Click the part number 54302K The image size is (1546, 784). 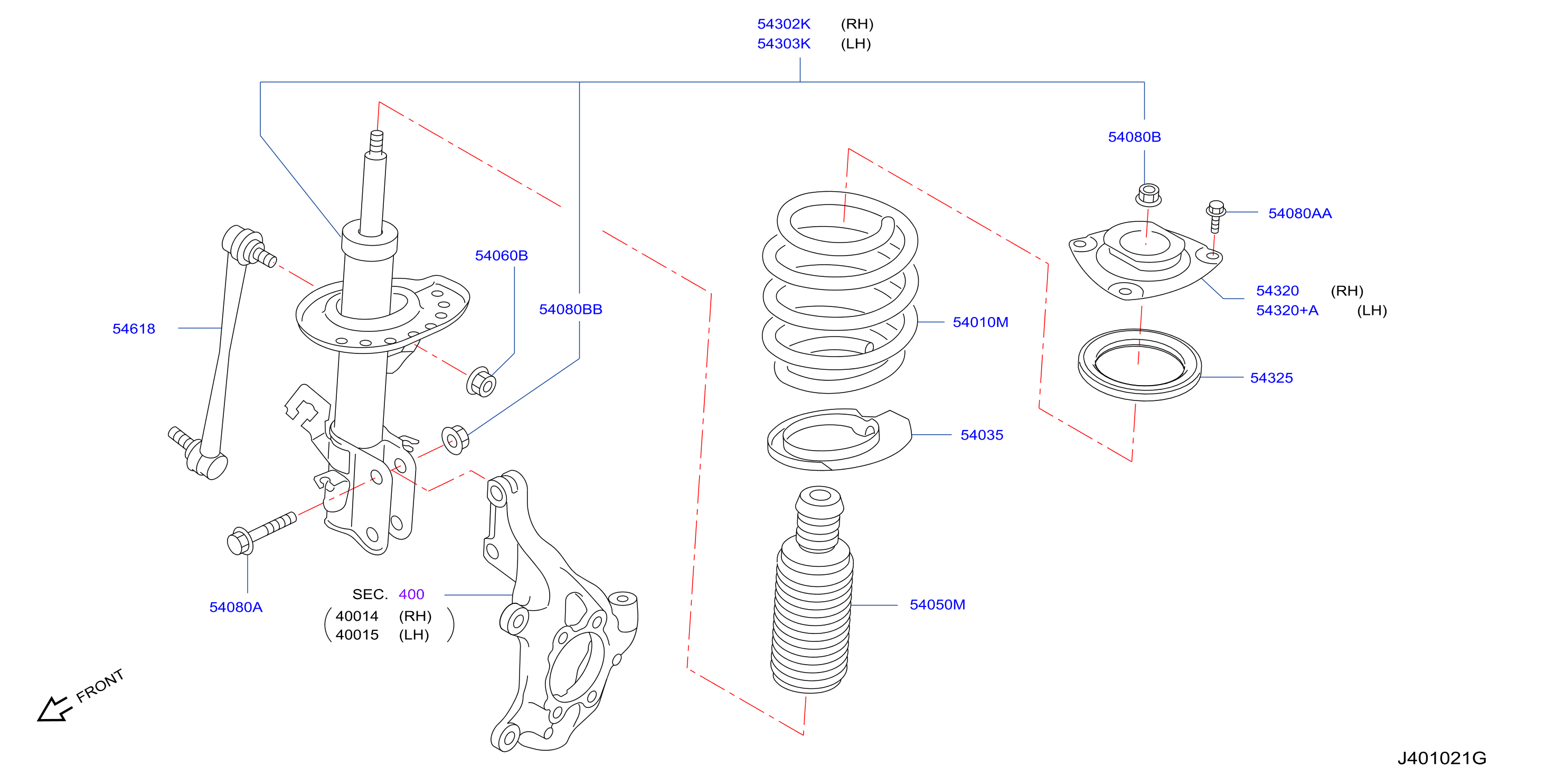[x=783, y=24]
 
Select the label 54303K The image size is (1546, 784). [x=783, y=44]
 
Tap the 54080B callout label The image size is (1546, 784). [x=1134, y=137]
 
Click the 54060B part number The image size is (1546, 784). [x=501, y=256]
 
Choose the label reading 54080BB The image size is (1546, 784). [x=570, y=309]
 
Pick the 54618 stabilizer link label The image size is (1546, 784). [x=134, y=329]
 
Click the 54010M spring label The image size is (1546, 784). [x=980, y=322]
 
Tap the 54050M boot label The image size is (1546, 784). [x=937, y=604]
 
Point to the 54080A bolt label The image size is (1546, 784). [x=235, y=608]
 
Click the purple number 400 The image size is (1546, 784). [x=411, y=594]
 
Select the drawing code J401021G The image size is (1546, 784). [x=1441, y=758]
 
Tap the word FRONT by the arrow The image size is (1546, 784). [x=100, y=686]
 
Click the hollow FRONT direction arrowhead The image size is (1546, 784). [x=53, y=710]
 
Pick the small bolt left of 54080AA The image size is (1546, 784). [x=1215, y=216]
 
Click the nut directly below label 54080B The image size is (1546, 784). [x=1148, y=195]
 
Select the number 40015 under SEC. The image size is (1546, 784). [x=356, y=635]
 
